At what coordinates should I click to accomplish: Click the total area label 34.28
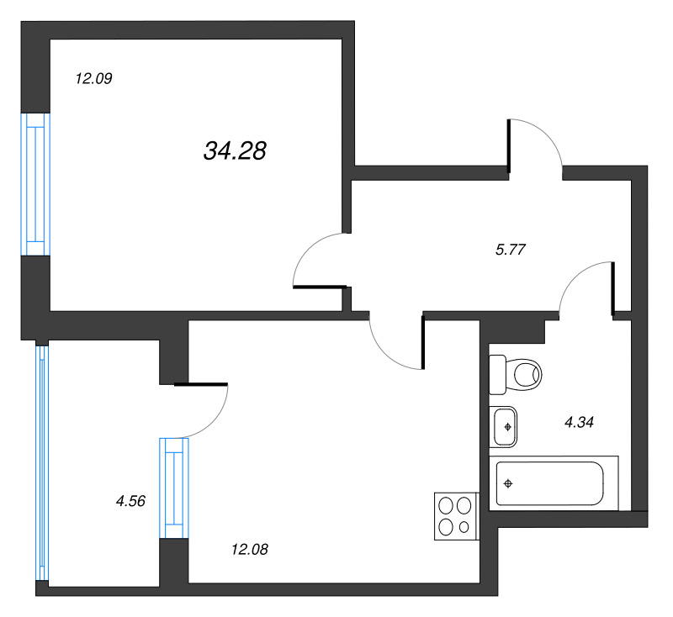click(235, 150)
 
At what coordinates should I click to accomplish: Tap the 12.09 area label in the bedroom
click(93, 80)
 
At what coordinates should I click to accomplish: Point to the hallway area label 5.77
click(511, 249)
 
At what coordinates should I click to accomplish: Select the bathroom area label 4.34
click(579, 423)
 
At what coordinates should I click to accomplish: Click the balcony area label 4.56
click(130, 501)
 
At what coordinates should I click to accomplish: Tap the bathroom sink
click(504, 426)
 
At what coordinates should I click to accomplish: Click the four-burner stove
click(455, 515)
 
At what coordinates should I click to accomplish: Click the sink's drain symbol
click(507, 427)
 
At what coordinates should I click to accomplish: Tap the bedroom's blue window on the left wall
click(35, 184)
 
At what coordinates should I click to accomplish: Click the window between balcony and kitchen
click(174, 487)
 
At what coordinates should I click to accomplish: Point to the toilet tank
click(497, 374)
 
